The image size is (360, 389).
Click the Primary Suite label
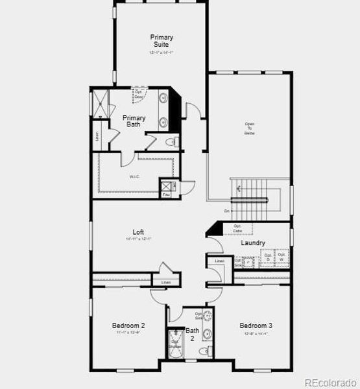(162, 41)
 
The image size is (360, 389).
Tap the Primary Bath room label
(134, 121)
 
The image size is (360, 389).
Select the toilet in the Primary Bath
(171, 142)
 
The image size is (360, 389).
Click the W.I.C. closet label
(134, 176)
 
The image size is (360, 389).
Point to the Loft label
(138, 232)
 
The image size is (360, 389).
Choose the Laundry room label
(253, 243)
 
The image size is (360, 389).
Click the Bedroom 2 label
(128, 325)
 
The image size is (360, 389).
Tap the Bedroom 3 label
(256, 325)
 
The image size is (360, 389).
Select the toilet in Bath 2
(203, 351)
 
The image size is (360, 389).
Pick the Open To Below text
(250, 128)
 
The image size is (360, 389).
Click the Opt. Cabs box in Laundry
(237, 228)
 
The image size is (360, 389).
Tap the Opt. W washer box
(282, 257)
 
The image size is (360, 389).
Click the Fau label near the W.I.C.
(166, 194)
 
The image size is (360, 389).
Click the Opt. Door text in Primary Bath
(138, 93)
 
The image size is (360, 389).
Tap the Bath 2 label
(193, 334)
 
